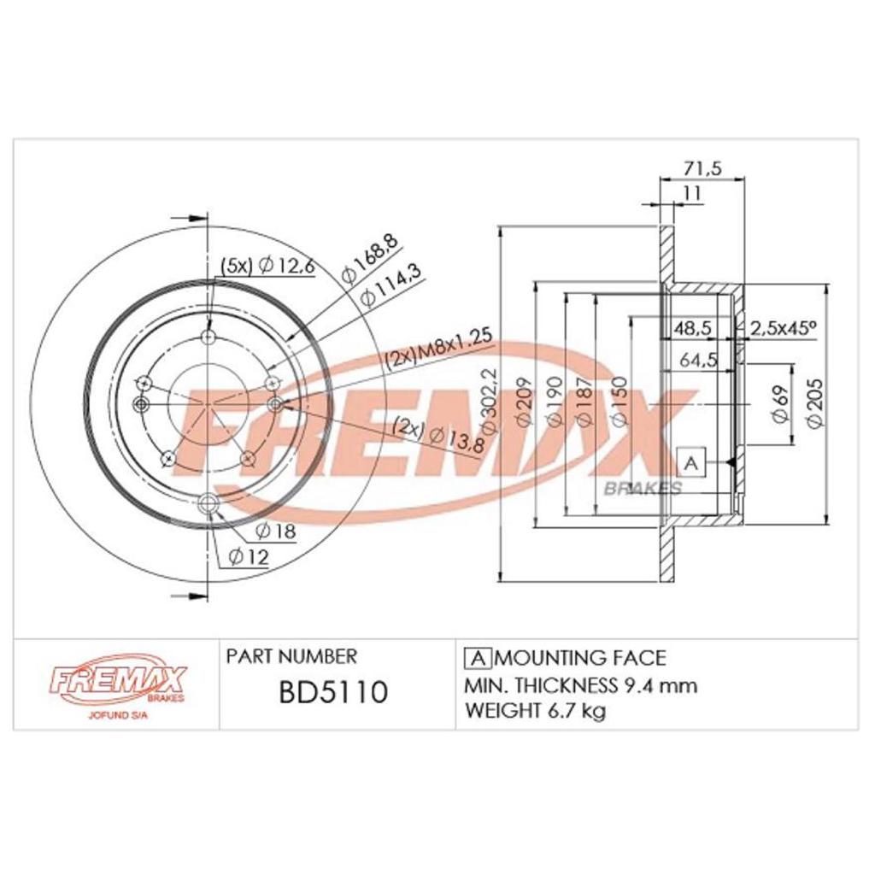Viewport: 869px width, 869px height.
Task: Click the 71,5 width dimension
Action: click(702, 168)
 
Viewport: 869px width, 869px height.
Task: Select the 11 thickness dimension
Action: click(693, 193)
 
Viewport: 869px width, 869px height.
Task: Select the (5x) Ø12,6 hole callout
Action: click(268, 266)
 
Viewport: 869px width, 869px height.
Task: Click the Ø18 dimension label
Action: click(275, 531)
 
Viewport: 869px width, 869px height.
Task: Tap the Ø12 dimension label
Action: click(249, 556)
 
